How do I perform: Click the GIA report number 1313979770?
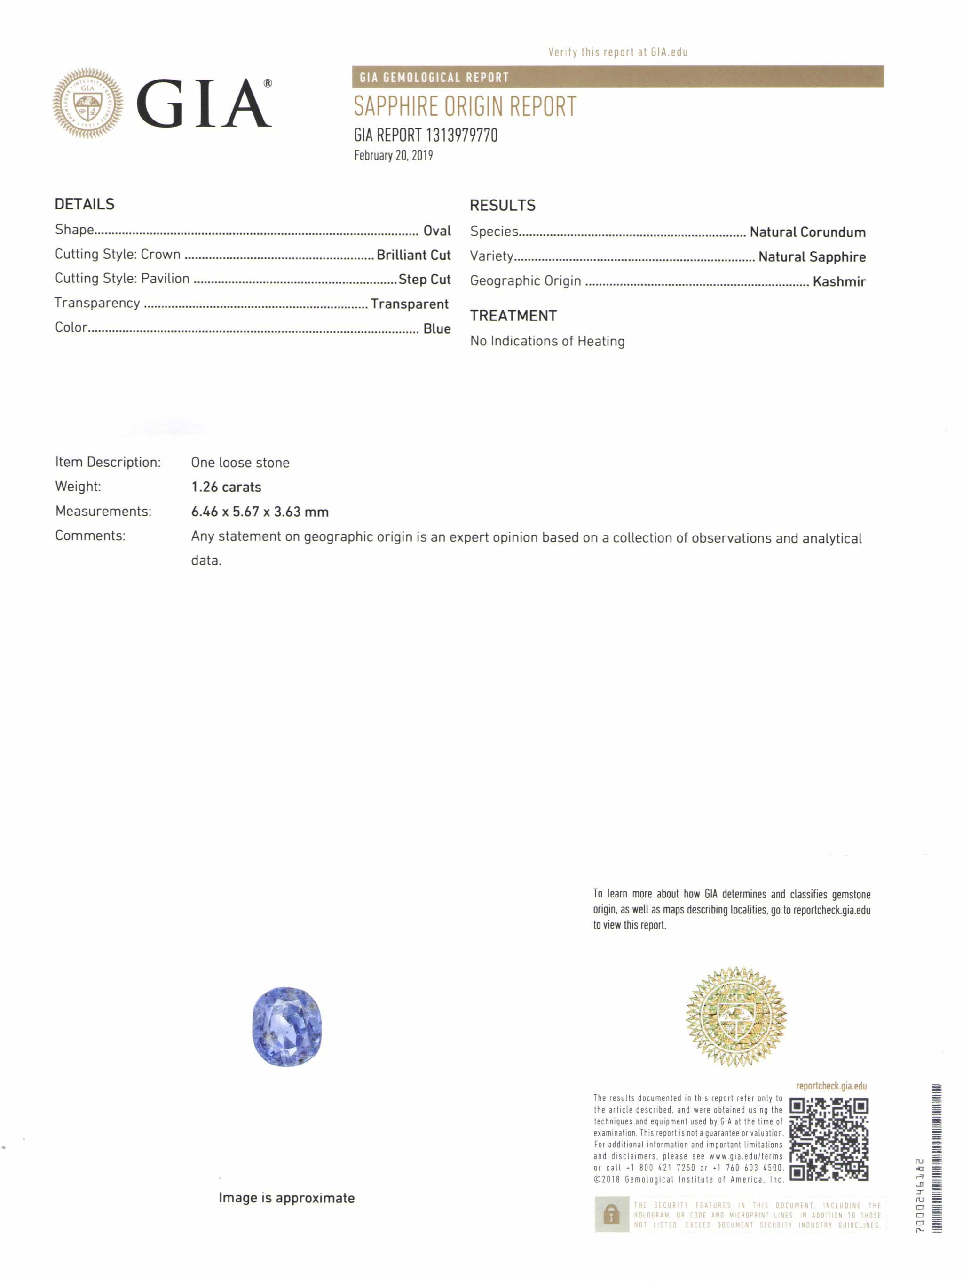click(x=426, y=135)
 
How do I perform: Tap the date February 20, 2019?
click(x=393, y=155)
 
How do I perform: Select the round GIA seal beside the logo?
click(x=87, y=104)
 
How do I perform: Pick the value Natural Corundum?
click(x=807, y=232)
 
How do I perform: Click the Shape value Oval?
click(x=436, y=231)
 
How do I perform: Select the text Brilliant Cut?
click(x=413, y=255)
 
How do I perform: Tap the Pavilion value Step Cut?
click(x=424, y=279)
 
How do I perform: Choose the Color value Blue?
click(x=436, y=328)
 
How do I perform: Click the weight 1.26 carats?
click(x=226, y=487)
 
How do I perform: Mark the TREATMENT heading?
click(x=513, y=316)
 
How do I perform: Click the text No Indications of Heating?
click(x=547, y=341)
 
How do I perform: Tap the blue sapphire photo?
click(x=286, y=1026)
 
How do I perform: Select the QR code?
click(x=829, y=1139)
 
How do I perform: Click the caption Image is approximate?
click(x=286, y=1198)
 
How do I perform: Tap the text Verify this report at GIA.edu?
click(x=617, y=52)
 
